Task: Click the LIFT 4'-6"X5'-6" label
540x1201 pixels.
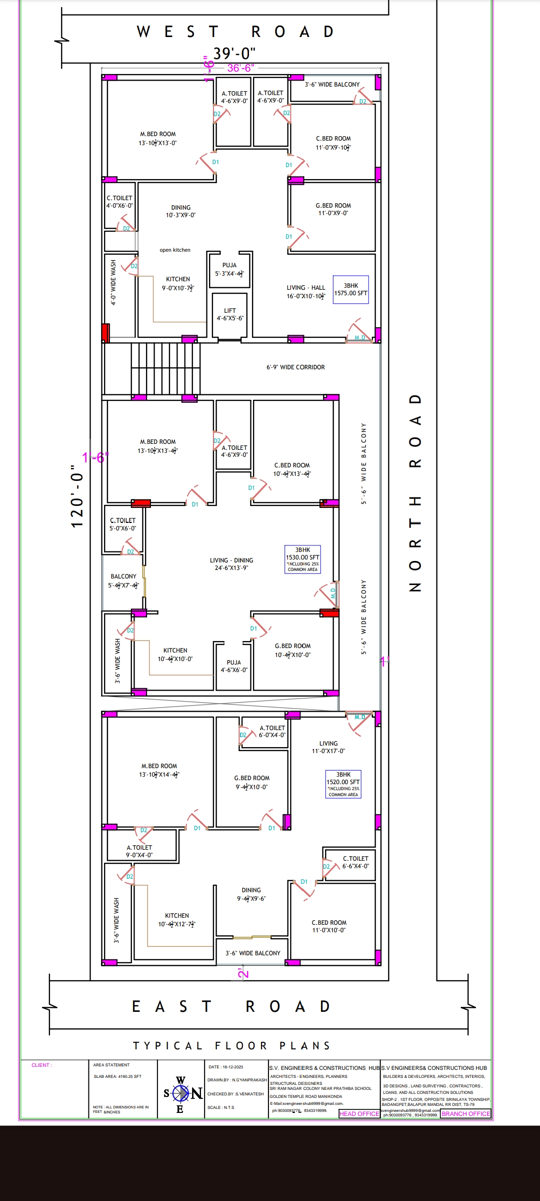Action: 230,314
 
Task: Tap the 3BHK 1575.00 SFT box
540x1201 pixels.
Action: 351,289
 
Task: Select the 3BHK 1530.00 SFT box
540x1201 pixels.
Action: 302,559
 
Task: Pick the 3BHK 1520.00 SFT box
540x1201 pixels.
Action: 343,784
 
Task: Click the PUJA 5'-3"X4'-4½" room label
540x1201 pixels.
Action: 229,269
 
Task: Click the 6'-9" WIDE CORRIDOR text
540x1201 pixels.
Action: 295,367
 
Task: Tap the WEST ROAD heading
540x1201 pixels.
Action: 235,32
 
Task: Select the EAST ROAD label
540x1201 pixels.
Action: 231,1006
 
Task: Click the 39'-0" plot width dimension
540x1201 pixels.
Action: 234,53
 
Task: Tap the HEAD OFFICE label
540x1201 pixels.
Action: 359,1113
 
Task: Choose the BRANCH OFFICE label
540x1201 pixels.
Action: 465,1113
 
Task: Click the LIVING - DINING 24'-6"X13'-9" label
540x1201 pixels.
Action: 231,564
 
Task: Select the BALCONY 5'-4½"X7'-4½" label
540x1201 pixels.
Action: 123,580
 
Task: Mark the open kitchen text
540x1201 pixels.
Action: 175,250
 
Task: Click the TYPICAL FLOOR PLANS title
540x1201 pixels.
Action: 231,1046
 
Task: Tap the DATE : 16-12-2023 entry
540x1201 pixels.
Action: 225,1067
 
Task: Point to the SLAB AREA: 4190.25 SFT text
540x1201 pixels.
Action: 117,1076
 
